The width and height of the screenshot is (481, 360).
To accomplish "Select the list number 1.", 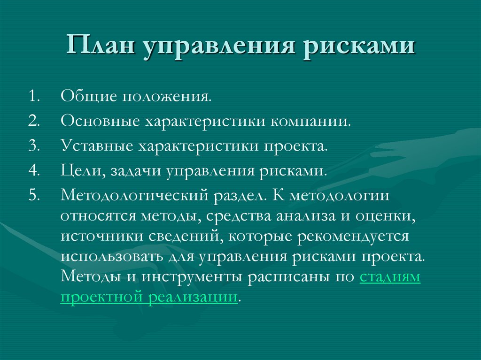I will click(34, 97).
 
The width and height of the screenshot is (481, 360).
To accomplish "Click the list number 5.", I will click(34, 194).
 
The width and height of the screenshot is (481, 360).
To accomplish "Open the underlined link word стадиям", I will click(390, 277).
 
